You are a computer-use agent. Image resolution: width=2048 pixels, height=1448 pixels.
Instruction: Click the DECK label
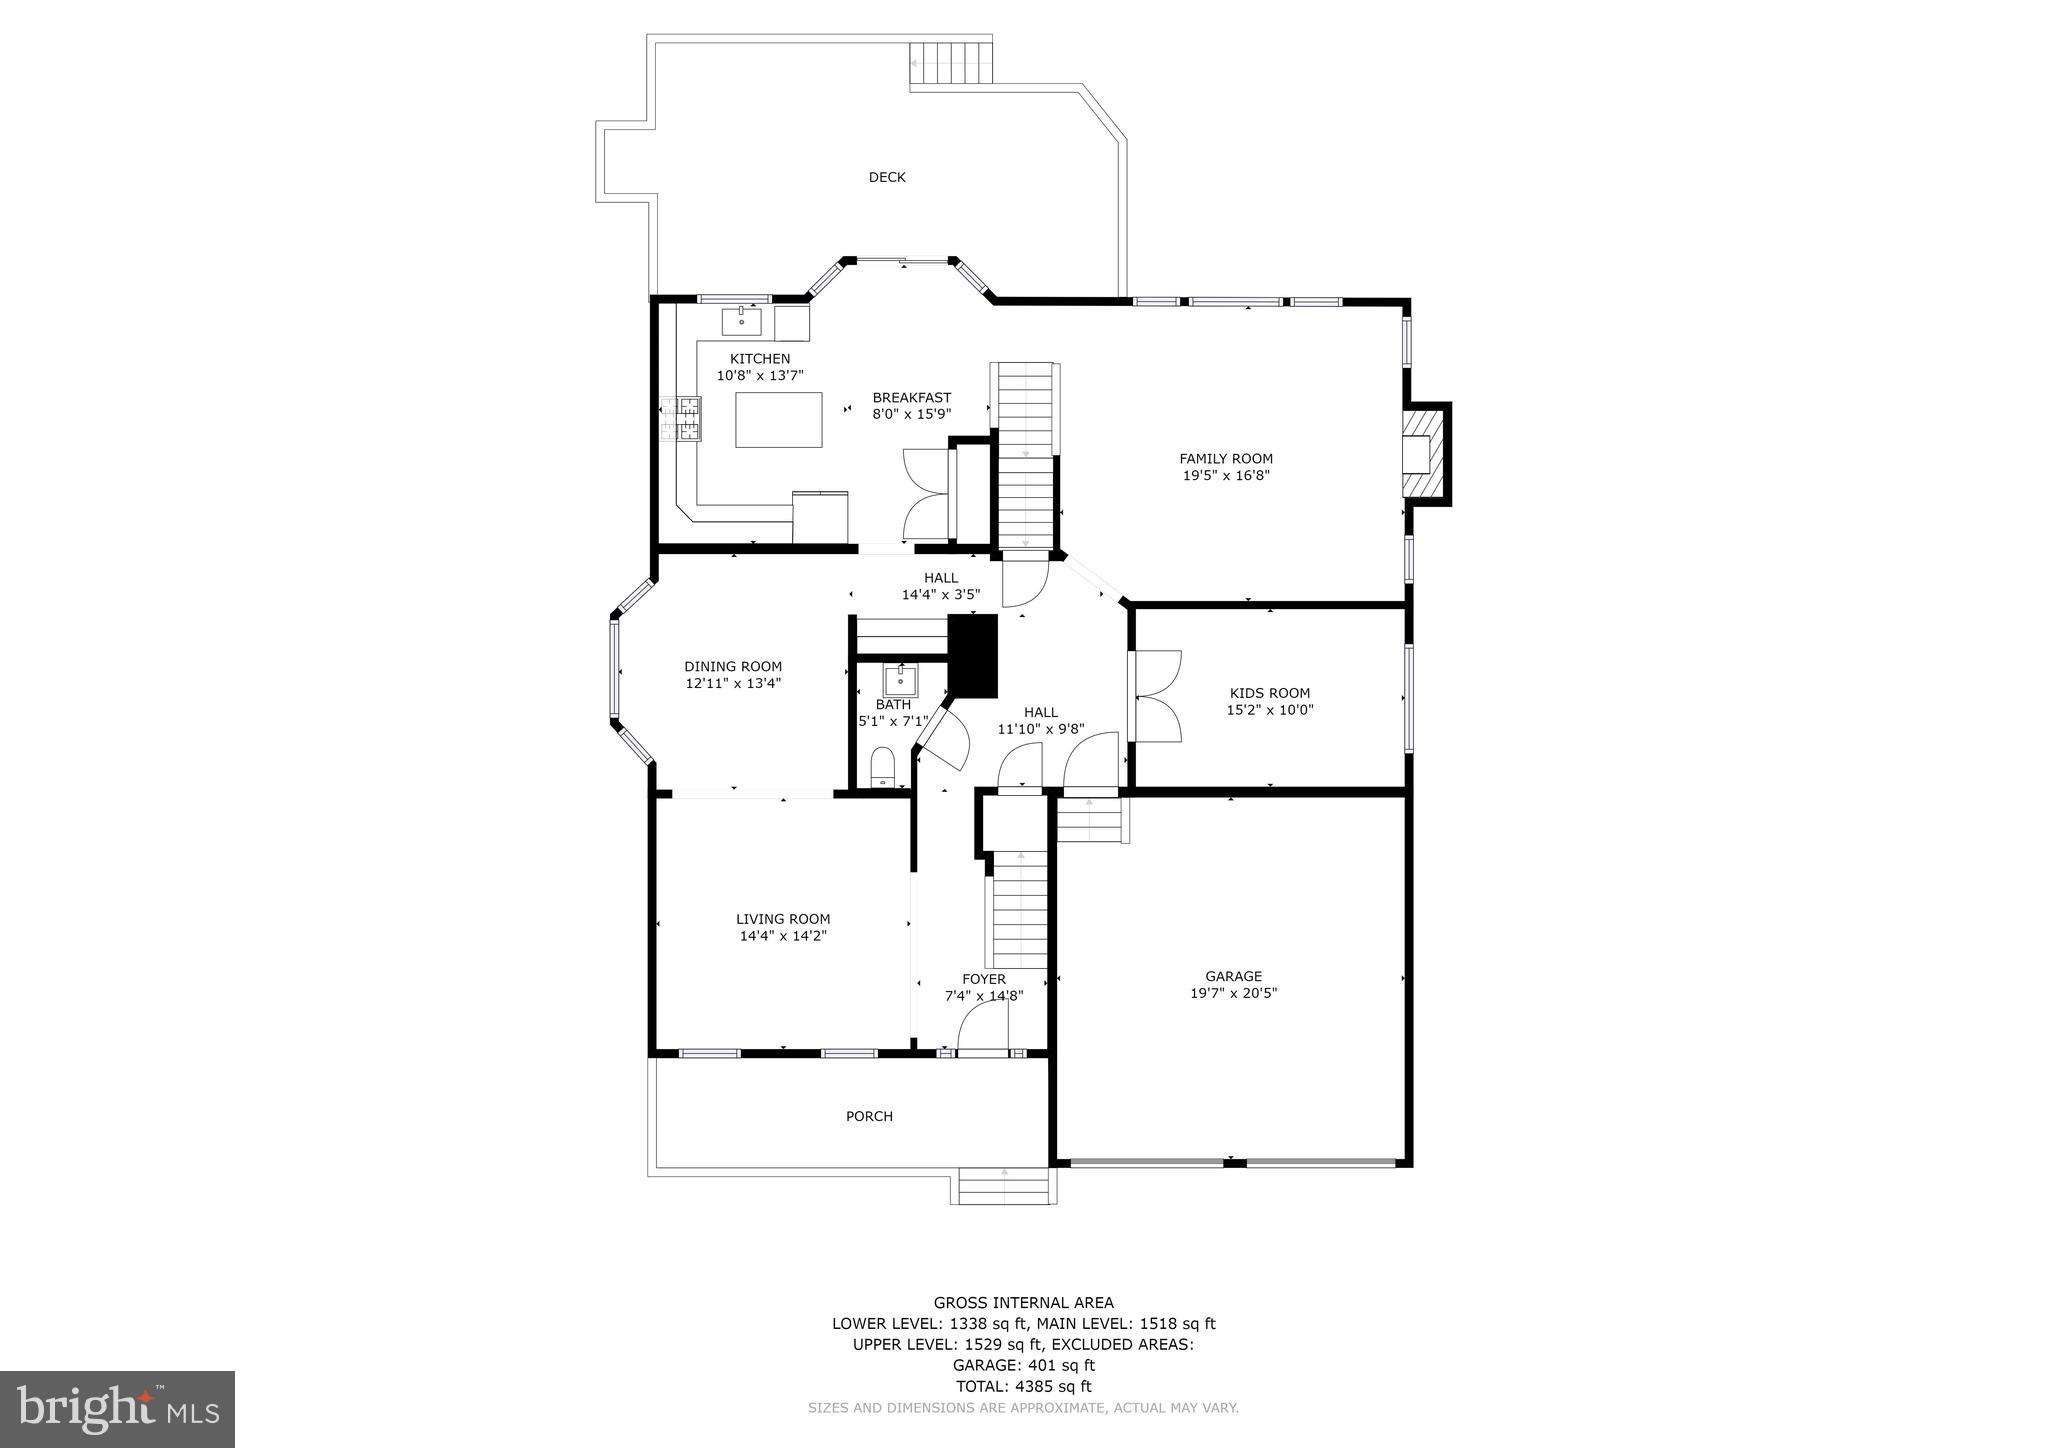pyautogui.click(x=886, y=177)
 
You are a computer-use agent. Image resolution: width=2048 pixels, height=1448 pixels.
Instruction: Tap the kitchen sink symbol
pyautogui.click(x=742, y=322)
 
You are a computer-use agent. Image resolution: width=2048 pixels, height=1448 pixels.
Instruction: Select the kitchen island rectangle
pyautogui.click(x=779, y=419)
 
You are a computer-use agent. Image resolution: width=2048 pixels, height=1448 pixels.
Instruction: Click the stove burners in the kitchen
pyautogui.click(x=680, y=419)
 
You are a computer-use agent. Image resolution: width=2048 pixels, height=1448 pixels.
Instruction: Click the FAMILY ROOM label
pyautogui.click(x=1225, y=459)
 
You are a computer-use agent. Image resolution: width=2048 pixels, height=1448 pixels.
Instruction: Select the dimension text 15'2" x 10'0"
pyautogui.click(x=1269, y=710)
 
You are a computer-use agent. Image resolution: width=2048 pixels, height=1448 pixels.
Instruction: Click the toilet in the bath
pyautogui.click(x=882, y=767)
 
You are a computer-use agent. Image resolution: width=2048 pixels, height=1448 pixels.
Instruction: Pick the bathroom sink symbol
pyautogui.click(x=900, y=681)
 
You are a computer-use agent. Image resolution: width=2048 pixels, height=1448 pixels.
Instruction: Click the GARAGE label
pyautogui.click(x=1233, y=976)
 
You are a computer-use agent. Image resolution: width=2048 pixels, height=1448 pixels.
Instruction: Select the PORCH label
pyautogui.click(x=869, y=1116)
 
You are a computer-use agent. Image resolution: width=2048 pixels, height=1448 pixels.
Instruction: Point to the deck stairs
pyautogui.click(x=950, y=66)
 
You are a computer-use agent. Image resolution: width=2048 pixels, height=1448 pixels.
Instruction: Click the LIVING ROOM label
pyautogui.click(x=783, y=919)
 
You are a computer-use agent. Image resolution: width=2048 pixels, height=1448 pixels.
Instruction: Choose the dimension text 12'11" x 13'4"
pyautogui.click(x=732, y=683)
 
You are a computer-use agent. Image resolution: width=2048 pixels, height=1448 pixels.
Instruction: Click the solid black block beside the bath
pyautogui.click(x=973, y=656)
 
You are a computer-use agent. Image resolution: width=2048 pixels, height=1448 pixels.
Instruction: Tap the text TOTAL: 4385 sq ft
pyautogui.click(x=1023, y=1386)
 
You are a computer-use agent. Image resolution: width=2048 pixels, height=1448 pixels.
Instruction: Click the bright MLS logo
pyautogui.click(x=117, y=1409)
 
